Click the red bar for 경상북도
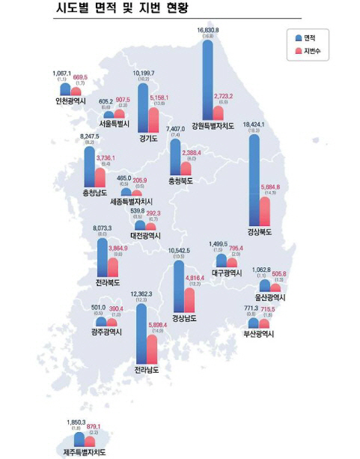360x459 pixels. [264, 211]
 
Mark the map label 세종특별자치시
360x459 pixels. [131, 202]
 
